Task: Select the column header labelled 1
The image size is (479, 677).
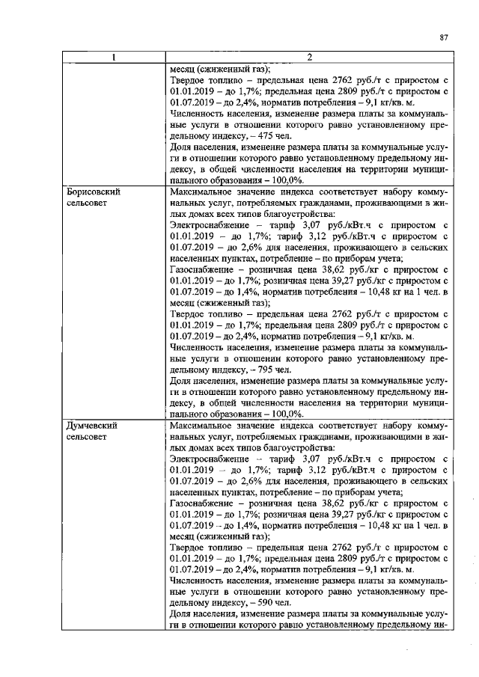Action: point(113,58)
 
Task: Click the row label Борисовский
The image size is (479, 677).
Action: point(91,192)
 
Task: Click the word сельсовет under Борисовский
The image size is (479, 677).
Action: point(85,203)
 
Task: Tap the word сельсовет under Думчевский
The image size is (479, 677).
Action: point(85,436)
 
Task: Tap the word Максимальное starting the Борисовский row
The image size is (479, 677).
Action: point(204,192)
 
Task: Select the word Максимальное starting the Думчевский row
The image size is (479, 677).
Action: point(204,425)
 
